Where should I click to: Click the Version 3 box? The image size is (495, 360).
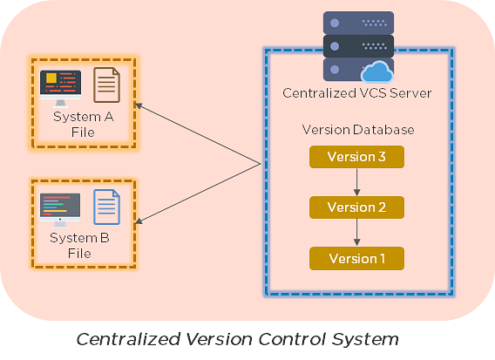click(x=356, y=157)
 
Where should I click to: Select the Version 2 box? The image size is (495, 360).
click(x=356, y=207)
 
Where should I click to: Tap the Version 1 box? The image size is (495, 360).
click(x=356, y=258)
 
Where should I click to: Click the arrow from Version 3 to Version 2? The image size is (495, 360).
click(x=357, y=182)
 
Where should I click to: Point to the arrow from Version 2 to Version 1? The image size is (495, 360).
click(x=357, y=233)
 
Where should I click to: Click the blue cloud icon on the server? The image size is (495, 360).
click(x=377, y=71)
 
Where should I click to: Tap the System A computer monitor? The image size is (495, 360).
click(x=61, y=89)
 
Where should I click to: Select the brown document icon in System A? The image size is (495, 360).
click(x=106, y=85)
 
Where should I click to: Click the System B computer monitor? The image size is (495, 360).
click(x=60, y=210)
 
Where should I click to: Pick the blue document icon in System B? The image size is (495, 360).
click(x=106, y=207)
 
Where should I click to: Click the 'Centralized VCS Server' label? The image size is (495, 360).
click(x=357, y=93)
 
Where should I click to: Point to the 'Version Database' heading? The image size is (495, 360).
click(x=358, y=130)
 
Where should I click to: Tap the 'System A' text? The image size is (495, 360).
click(x=84, y=117)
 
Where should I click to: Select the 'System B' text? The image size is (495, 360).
click(x=79, y=238)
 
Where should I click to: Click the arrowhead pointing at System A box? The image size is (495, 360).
click(x=139, y=105)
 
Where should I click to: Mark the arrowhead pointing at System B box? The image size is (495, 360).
click(x=139, y=221)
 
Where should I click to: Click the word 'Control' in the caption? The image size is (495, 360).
click(x=292, y=339)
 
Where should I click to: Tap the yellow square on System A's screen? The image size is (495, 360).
click(x=51, y=78)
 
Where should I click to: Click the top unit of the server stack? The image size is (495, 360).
click(x=359, y=23)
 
